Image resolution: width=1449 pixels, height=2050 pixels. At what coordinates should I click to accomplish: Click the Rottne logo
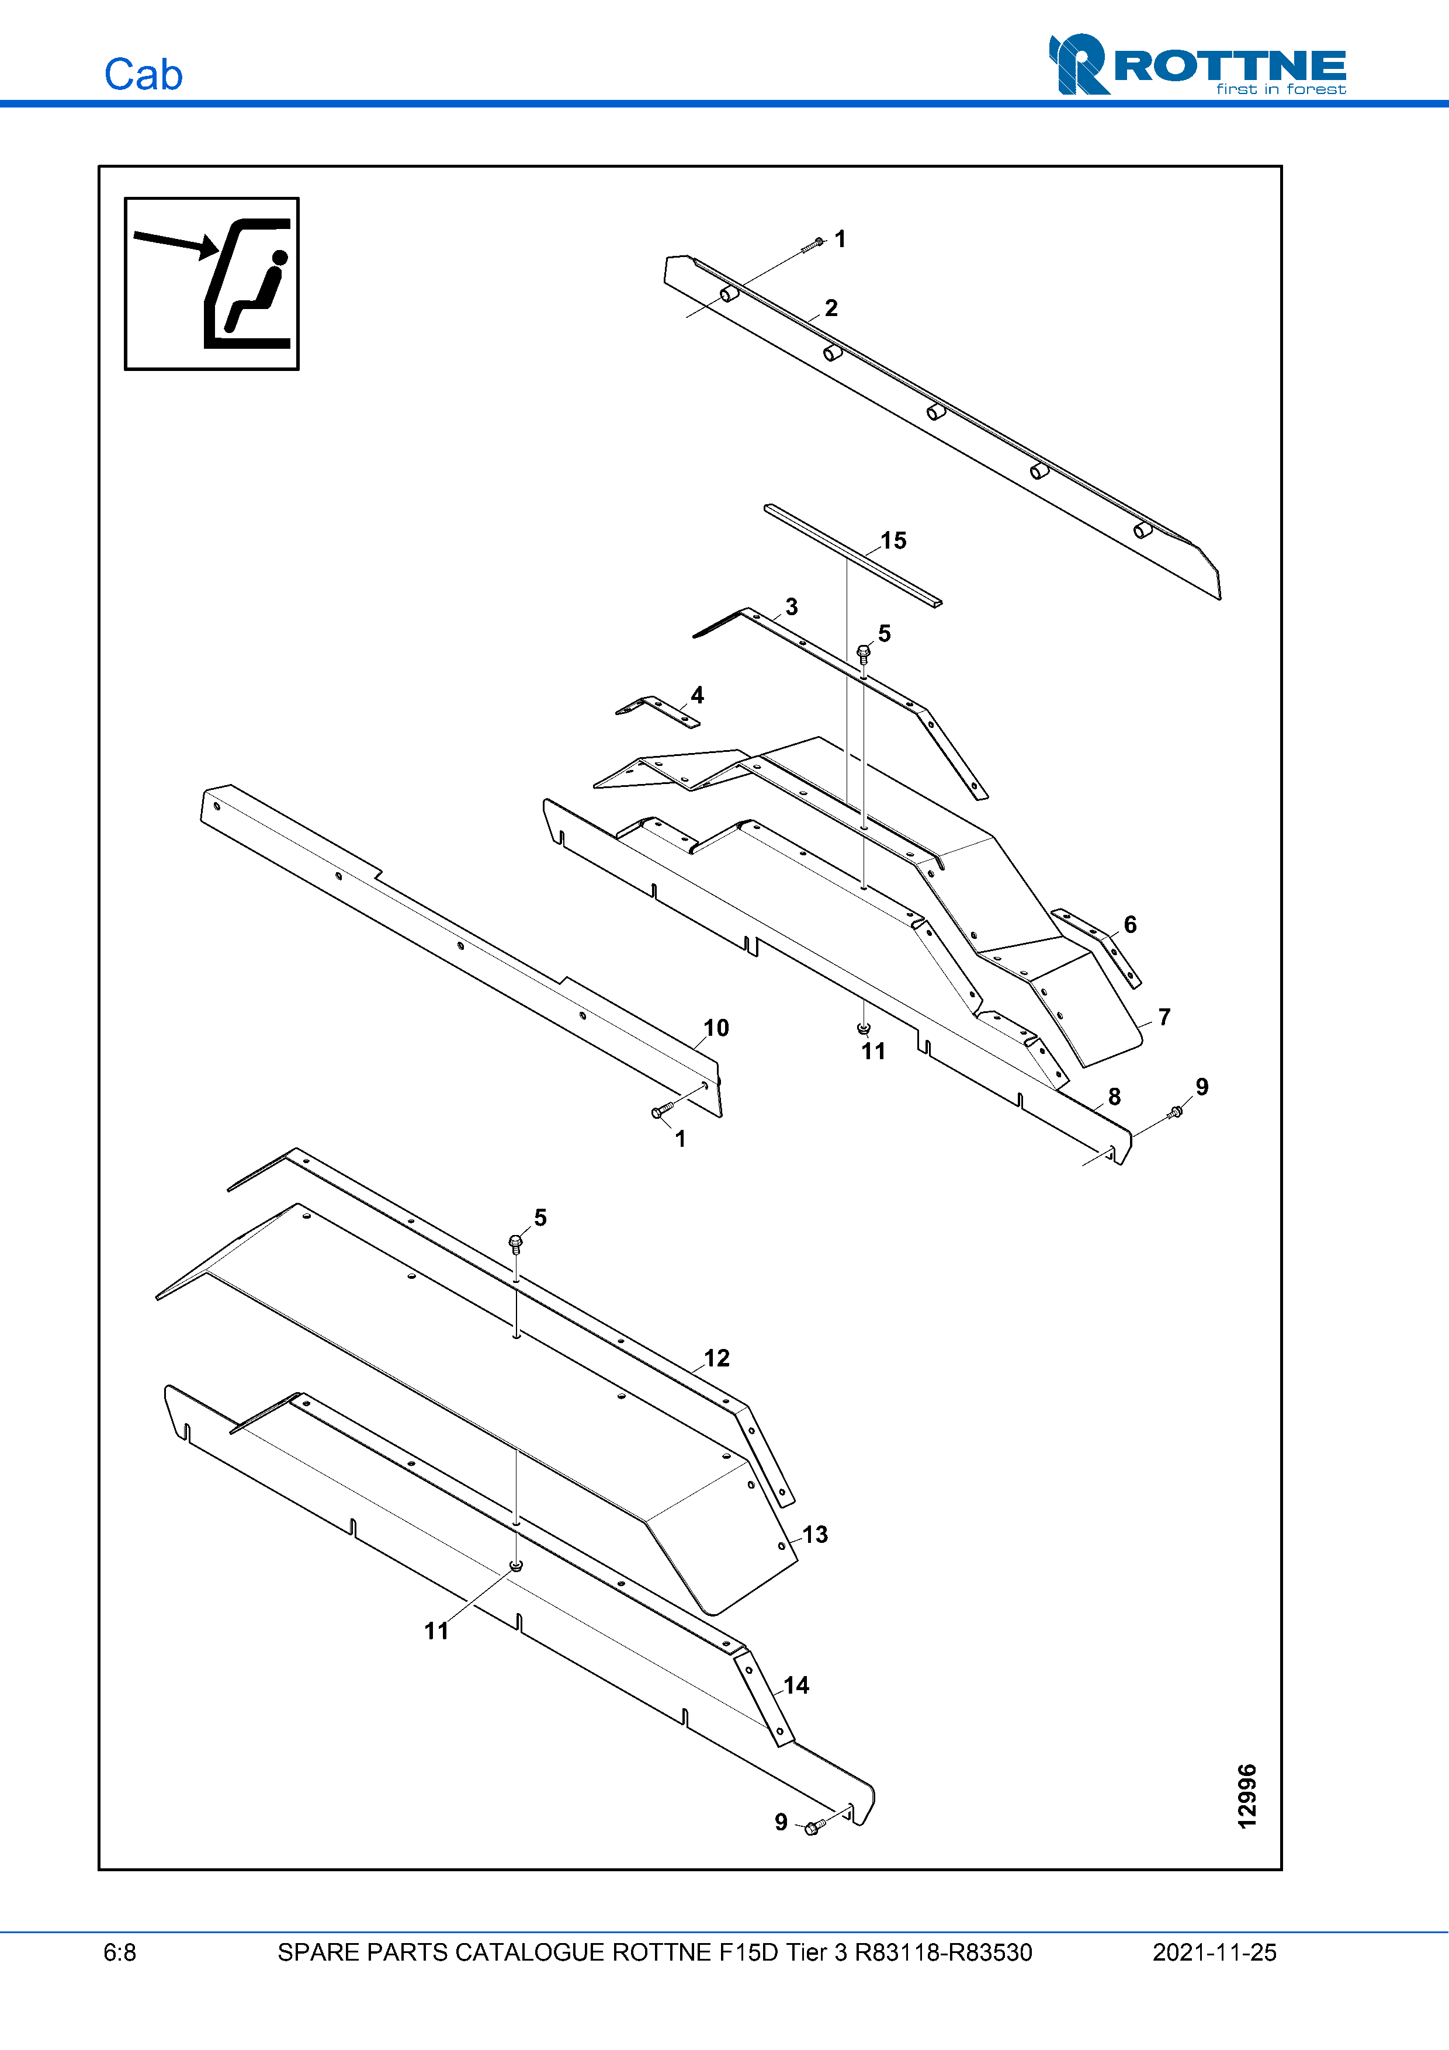[1197, 64]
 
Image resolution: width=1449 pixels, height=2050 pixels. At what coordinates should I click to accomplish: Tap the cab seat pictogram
[212, 284]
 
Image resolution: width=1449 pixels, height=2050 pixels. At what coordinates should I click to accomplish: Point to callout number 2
[831, 308]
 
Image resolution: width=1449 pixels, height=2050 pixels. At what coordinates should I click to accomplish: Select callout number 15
[893, 540]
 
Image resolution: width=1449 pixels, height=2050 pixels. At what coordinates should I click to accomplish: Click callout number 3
[791, 607]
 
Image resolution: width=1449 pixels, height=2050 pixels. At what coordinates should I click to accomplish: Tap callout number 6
[1129, 924]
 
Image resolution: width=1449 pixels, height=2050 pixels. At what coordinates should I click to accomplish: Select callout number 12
[716, 1358]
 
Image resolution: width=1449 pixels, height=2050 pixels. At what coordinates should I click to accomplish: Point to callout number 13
[814, 1534]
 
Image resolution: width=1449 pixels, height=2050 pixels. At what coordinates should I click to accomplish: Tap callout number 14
[795, 1685]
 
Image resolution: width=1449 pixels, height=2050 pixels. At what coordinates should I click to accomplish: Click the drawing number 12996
[1247, 1795]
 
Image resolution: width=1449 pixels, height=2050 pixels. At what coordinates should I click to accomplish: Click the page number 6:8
[120, 1952]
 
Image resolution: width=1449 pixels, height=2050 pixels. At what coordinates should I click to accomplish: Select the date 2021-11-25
[1214, 1952]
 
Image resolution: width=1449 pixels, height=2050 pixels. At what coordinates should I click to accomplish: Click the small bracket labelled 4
[658, 711]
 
